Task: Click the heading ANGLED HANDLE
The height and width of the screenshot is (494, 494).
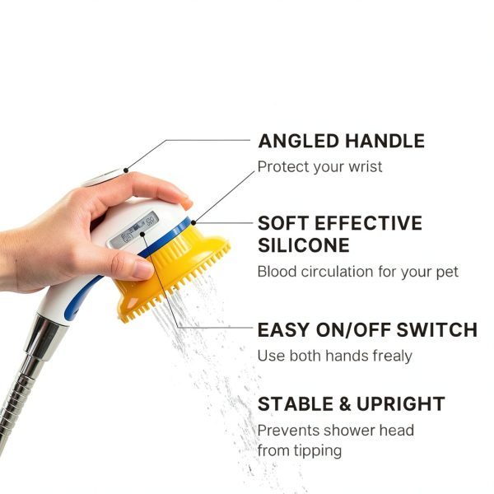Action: click(341, 141)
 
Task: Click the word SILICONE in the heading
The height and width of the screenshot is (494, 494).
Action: click(303, 245)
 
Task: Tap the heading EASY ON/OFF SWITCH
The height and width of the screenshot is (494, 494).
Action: click(367, 330)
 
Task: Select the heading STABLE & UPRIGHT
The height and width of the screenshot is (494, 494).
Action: click(351, 404)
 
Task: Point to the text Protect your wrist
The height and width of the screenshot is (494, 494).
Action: click(319, 167)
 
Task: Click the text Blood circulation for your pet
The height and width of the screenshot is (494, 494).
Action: click(357, 272)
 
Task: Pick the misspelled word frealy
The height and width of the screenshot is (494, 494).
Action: click(395, 357)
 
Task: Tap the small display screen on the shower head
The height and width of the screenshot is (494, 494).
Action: click(139, 228)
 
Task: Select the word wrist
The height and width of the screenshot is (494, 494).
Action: click(365, 167)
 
